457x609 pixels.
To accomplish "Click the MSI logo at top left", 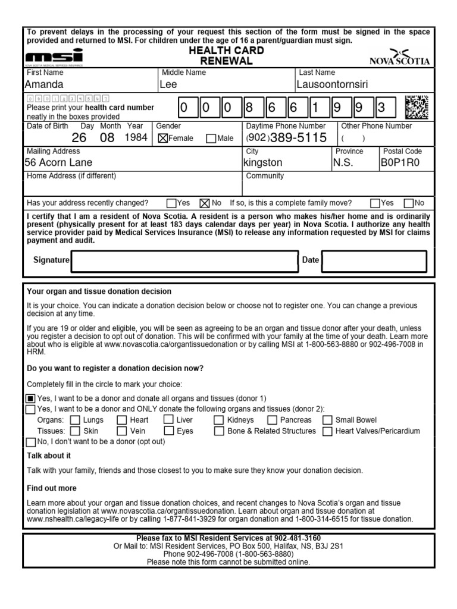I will [55, 57].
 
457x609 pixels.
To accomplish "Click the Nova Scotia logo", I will [399, 57].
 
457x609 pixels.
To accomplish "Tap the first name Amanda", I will [44, 84].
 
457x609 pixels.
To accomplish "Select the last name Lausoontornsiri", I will [338, 84].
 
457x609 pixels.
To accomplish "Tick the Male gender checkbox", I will [211, 139].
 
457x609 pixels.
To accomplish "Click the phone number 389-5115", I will [298, 138].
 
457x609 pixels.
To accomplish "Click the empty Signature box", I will [184, 260].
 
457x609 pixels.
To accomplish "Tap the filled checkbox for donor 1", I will [31, 398].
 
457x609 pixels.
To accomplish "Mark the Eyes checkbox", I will [168, 431].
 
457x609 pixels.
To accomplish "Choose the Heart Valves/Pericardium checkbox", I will [327, 431].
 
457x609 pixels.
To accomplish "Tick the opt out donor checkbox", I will [31, 442].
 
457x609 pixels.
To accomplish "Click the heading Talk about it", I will [49, 456].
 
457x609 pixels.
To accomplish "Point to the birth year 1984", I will [134, 138].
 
